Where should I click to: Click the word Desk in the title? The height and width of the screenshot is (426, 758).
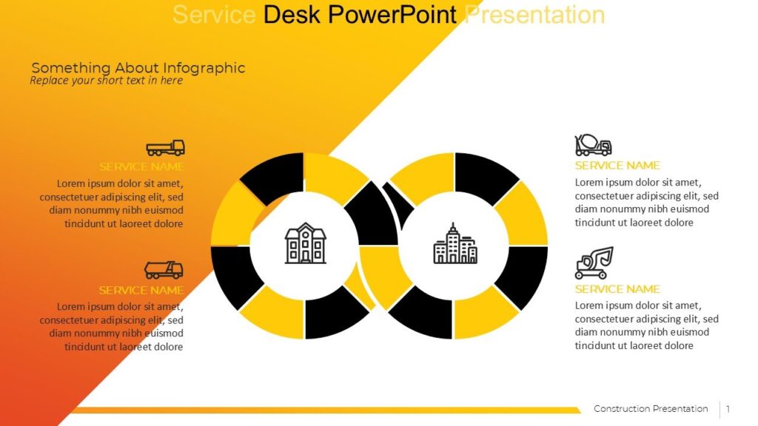click(292, 14)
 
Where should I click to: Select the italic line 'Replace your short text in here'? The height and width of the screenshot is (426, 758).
click(106, 81)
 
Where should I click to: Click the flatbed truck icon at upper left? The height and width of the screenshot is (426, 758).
click(165, 147)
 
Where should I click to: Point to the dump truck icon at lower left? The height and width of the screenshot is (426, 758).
click(164, 270)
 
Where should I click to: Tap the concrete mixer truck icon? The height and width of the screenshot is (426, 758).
click(593, 145)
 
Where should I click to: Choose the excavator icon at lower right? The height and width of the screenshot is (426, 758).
click(594, 263)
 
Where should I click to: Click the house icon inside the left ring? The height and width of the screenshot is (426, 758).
click(305, 243)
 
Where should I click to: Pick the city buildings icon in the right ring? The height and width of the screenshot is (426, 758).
click(455, 244)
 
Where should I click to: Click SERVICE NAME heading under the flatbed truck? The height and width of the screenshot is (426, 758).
click(141, 166)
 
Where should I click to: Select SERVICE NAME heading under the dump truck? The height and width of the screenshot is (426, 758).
click(141, 290)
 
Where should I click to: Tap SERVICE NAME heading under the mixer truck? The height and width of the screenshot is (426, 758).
click(617, 165)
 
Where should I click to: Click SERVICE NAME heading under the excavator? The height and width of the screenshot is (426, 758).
click(617, 288)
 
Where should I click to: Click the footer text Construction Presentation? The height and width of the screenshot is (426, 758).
click(651, 409)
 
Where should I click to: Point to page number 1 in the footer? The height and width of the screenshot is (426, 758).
click(728, 409)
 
